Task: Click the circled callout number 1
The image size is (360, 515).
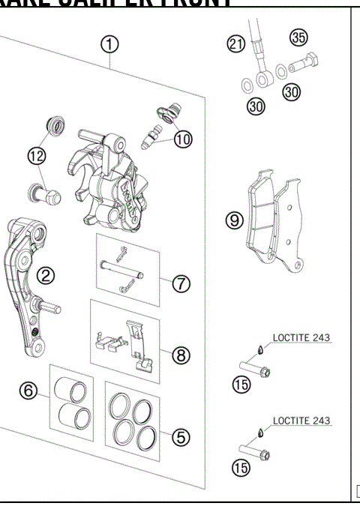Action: coord(110,45)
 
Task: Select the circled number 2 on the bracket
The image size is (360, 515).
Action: coord(46,276)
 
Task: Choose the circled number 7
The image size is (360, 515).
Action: coord(181,283)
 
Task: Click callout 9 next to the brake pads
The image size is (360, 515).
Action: coord(235,220)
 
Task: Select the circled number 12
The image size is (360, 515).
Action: coord(36,155)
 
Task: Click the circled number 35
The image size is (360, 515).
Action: coord(300,37)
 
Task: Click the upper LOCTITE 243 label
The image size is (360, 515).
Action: coord(301,338)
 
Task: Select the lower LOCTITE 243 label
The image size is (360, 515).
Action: coord(301,421)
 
